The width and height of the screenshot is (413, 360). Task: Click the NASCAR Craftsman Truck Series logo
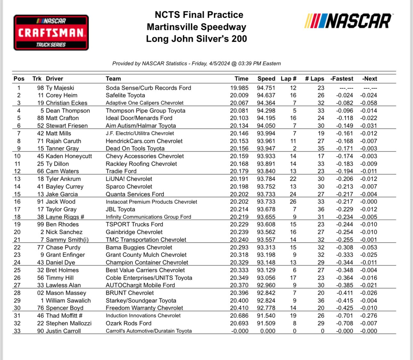[x=51, y=33]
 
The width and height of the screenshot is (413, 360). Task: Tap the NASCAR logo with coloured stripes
[x=348, y=21]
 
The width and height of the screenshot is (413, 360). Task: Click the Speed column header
[x=266, y=79]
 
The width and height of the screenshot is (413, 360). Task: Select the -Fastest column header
[x=342, y=79]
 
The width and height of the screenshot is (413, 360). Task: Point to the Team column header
[x=113, y=79]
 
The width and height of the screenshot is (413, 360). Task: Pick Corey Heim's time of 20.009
[x=239, y=95]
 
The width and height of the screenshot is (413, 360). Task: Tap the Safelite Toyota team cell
[x=125, y=95]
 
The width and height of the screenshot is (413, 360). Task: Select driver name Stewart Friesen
[x=67, y=126]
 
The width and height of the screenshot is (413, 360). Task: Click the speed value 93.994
[x=266, y=133]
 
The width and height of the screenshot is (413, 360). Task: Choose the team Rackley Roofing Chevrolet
[x=141, y=164]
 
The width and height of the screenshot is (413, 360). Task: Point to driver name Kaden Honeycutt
[x=69, y=156]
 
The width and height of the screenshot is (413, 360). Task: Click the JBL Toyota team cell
[x=120, y=209]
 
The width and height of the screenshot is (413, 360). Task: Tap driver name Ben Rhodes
[x=62, y=224]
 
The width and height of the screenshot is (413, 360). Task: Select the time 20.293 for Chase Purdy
[x=239, y=247]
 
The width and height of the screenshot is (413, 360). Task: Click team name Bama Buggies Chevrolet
[x=139, y=247]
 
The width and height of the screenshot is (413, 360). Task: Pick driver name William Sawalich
[x=68, y=300]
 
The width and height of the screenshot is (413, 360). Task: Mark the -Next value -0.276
[x=368, y=315]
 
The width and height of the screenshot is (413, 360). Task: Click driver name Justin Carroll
[x=63, y=331]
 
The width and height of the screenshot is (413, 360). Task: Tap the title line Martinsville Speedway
[x=196, y=27]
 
